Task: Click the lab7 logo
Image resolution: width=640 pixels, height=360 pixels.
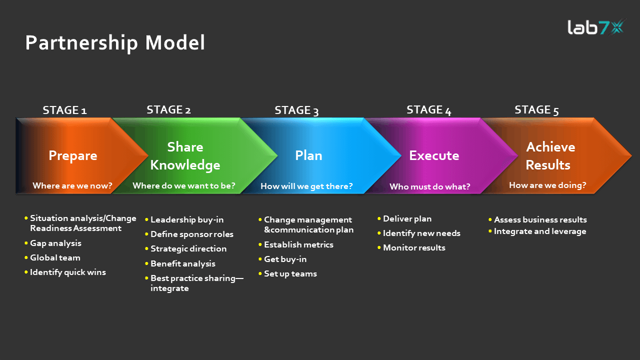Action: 594,27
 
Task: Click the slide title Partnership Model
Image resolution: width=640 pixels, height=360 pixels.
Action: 115,43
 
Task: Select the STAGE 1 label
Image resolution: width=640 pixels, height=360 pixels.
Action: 64,110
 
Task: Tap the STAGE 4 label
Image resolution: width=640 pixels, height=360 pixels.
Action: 428,110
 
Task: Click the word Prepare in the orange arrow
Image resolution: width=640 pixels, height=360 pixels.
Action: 73,155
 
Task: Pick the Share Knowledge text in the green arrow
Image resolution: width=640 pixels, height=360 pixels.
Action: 185,156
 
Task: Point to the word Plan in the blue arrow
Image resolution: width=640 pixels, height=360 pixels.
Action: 308,155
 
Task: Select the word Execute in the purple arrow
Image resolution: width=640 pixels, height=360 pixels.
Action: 434,155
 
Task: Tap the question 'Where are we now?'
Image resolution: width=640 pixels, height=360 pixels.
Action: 72,186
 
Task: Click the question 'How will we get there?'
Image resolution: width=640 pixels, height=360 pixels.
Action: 306,186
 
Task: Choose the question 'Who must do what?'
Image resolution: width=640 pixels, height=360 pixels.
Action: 430,187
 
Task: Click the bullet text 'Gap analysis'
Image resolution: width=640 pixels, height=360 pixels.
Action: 55,243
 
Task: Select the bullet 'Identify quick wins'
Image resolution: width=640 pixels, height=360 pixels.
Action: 68,272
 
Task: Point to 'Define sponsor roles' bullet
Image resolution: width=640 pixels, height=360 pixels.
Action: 192,234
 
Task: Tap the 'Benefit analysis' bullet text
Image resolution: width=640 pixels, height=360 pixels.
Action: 183,263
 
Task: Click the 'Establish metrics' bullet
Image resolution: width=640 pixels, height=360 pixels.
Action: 298,244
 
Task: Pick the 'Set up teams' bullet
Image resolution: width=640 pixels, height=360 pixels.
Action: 290,273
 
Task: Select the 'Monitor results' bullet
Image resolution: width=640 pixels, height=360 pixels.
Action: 414,247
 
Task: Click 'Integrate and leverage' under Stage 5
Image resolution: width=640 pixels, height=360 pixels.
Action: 540,231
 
